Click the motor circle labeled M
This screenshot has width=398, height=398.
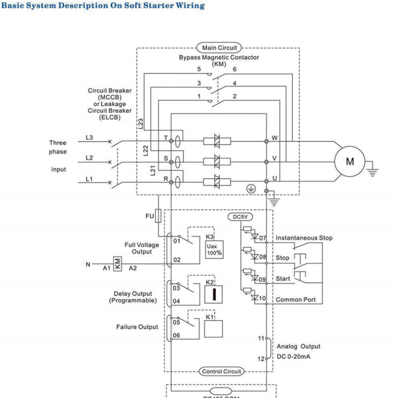pos(349,162)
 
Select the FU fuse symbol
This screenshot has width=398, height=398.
pos(159,216)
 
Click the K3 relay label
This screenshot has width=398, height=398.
pos(210,236)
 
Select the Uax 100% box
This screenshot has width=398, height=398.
pos(212,249)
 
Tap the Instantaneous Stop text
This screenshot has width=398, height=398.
pos(304,237)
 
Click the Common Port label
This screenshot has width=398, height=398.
pos(296,300)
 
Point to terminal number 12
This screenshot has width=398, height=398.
pos(261,359)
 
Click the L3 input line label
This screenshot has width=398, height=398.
pos(89,137)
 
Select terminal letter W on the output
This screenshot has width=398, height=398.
pos(274,138)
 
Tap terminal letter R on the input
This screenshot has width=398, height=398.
pos(165,178)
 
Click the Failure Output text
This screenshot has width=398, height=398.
pos(137,327)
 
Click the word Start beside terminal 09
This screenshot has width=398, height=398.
pos(283,278)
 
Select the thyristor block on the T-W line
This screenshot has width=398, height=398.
pos(217,142)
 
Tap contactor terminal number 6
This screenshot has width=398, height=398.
pos(234,69)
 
